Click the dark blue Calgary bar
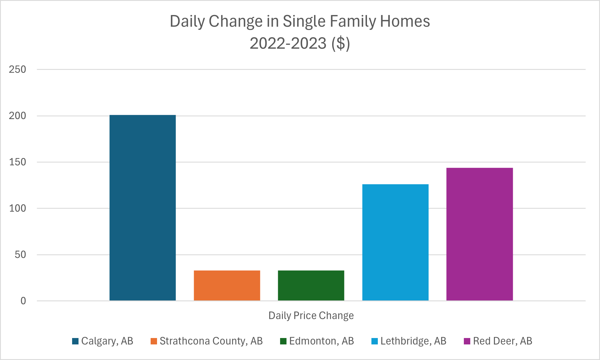143,208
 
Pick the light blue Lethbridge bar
395,242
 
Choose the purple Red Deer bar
479,234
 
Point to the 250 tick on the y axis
17,70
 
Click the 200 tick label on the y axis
17,116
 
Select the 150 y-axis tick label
17,162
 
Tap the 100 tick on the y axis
17,208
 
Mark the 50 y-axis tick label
20,255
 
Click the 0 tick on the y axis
23,301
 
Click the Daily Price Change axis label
311,316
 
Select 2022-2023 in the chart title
288,44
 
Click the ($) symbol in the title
341,44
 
